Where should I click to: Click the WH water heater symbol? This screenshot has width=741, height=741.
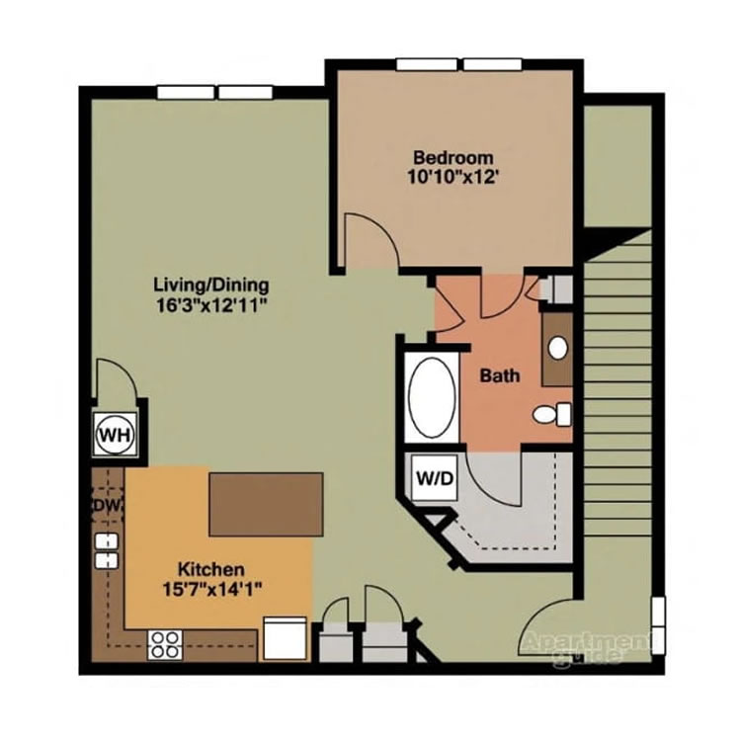pyautogui.click(x=115, y=433)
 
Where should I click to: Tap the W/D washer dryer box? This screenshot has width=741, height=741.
pyautogui.click(x=434, y=479)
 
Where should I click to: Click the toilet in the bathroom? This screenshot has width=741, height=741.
pyautogui.click(x=550, y=414)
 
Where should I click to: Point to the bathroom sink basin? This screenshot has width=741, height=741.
pyautogui.click(x=558, y=348)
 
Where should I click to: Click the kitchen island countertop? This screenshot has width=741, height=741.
pyautogui.click(x=267, y=504)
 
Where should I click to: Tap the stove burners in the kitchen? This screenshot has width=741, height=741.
pyautogui.click(x=164, y=645)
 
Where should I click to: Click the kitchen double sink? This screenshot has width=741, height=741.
pyautogui.click(x=106, y=550)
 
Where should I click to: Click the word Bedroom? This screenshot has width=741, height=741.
pyautogui.click(x=453, y=157)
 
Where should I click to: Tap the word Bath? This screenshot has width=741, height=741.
pyautogui.click(x=500, y=375)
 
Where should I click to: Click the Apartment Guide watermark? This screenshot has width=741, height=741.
pyautogui.click(x=583, y=645)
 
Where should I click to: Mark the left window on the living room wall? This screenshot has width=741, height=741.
pyautogui.click(x=185, y=93)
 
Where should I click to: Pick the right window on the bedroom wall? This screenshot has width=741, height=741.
pyautogui.click(x=493, y=65)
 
